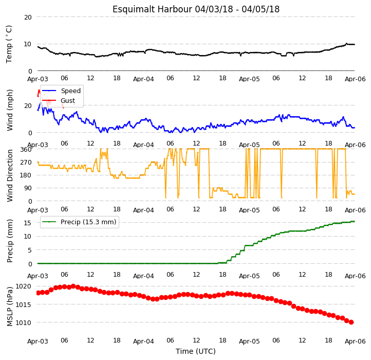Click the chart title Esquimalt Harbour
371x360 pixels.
pos(152,9)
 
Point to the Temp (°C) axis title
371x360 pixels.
pos(9,44)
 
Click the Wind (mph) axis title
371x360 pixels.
pos(9,110)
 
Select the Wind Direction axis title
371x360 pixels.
pos(9,175)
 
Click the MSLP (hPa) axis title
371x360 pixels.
pos(9,307)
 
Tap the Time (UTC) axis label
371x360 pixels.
pos(196,351)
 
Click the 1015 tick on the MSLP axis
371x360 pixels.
pos(23,304)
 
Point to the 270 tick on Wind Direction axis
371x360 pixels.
pos(26,163)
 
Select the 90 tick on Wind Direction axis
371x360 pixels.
pos(28,188)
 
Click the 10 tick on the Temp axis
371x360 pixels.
pos(28,44)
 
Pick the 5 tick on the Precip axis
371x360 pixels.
pos(29,250)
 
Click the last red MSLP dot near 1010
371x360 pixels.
pos(351,322)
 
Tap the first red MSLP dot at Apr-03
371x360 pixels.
pos(38,293)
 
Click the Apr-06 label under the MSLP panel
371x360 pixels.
pos(355,341)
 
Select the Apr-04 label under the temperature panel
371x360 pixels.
pos(143,79)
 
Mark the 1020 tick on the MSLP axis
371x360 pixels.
pos(23,286)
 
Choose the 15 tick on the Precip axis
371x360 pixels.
pos(28,223)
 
